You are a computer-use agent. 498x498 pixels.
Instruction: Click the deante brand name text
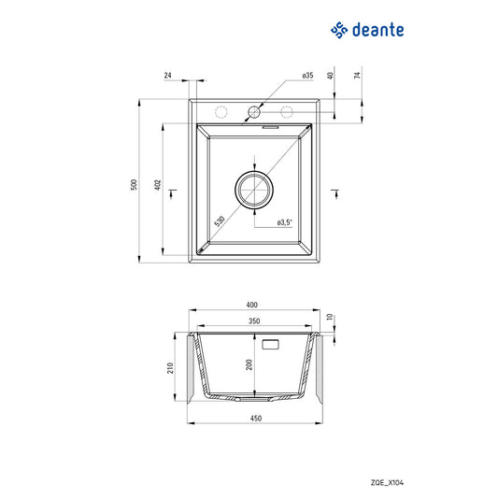coord(377,32)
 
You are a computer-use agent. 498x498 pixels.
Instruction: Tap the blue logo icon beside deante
coord(339,31)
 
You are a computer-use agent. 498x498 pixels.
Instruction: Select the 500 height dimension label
coord(134,185)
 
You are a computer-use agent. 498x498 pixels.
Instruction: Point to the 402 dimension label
coord(158,185)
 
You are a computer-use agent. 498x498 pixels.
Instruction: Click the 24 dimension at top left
coord(168,75)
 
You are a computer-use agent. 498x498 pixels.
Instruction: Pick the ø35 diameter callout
coord(306,75)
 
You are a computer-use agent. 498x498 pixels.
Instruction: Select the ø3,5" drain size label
coord(285,222)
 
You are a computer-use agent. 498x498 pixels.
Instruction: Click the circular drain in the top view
coord(254,190)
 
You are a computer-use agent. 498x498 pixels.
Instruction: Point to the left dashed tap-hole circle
coord(221,113)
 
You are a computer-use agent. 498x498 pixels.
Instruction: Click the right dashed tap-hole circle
coord(287,113)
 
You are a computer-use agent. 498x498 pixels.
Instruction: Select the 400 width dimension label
coord(251,305)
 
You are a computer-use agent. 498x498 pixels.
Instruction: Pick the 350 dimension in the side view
coord(254,321)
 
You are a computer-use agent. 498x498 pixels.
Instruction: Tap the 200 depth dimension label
coord(249,365)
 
